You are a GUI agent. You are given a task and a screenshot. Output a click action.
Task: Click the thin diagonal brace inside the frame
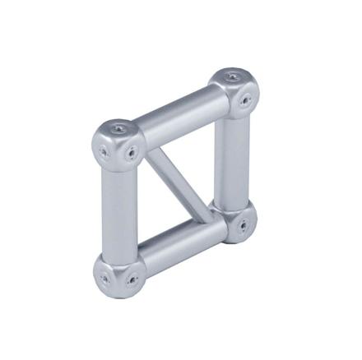pyautogui.click(x=180, y=181)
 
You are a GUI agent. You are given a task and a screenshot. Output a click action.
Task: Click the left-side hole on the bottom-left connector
pyautogui.click(x=103, y=278)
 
